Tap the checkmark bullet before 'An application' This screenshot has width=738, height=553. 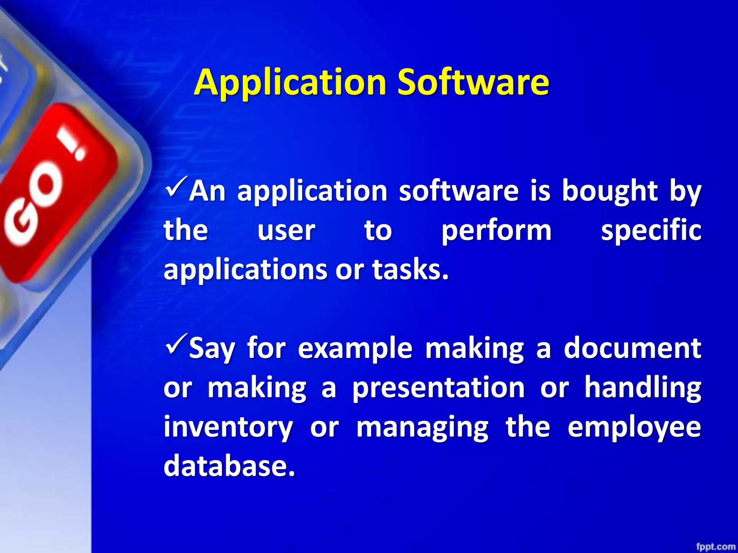click(x=176, y=185)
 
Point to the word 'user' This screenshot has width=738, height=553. click(x=286, y=231)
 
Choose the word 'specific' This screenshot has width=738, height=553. click(x=651, y=231)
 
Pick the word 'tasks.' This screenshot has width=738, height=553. click(x=411, y=270)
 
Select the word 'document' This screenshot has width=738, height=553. click(x=632, y=348)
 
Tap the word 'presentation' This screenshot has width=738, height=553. click(x=438, y=388)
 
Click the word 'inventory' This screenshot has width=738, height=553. click(x=228, y=428)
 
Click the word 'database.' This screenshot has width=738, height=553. click(x=229, y=466)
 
